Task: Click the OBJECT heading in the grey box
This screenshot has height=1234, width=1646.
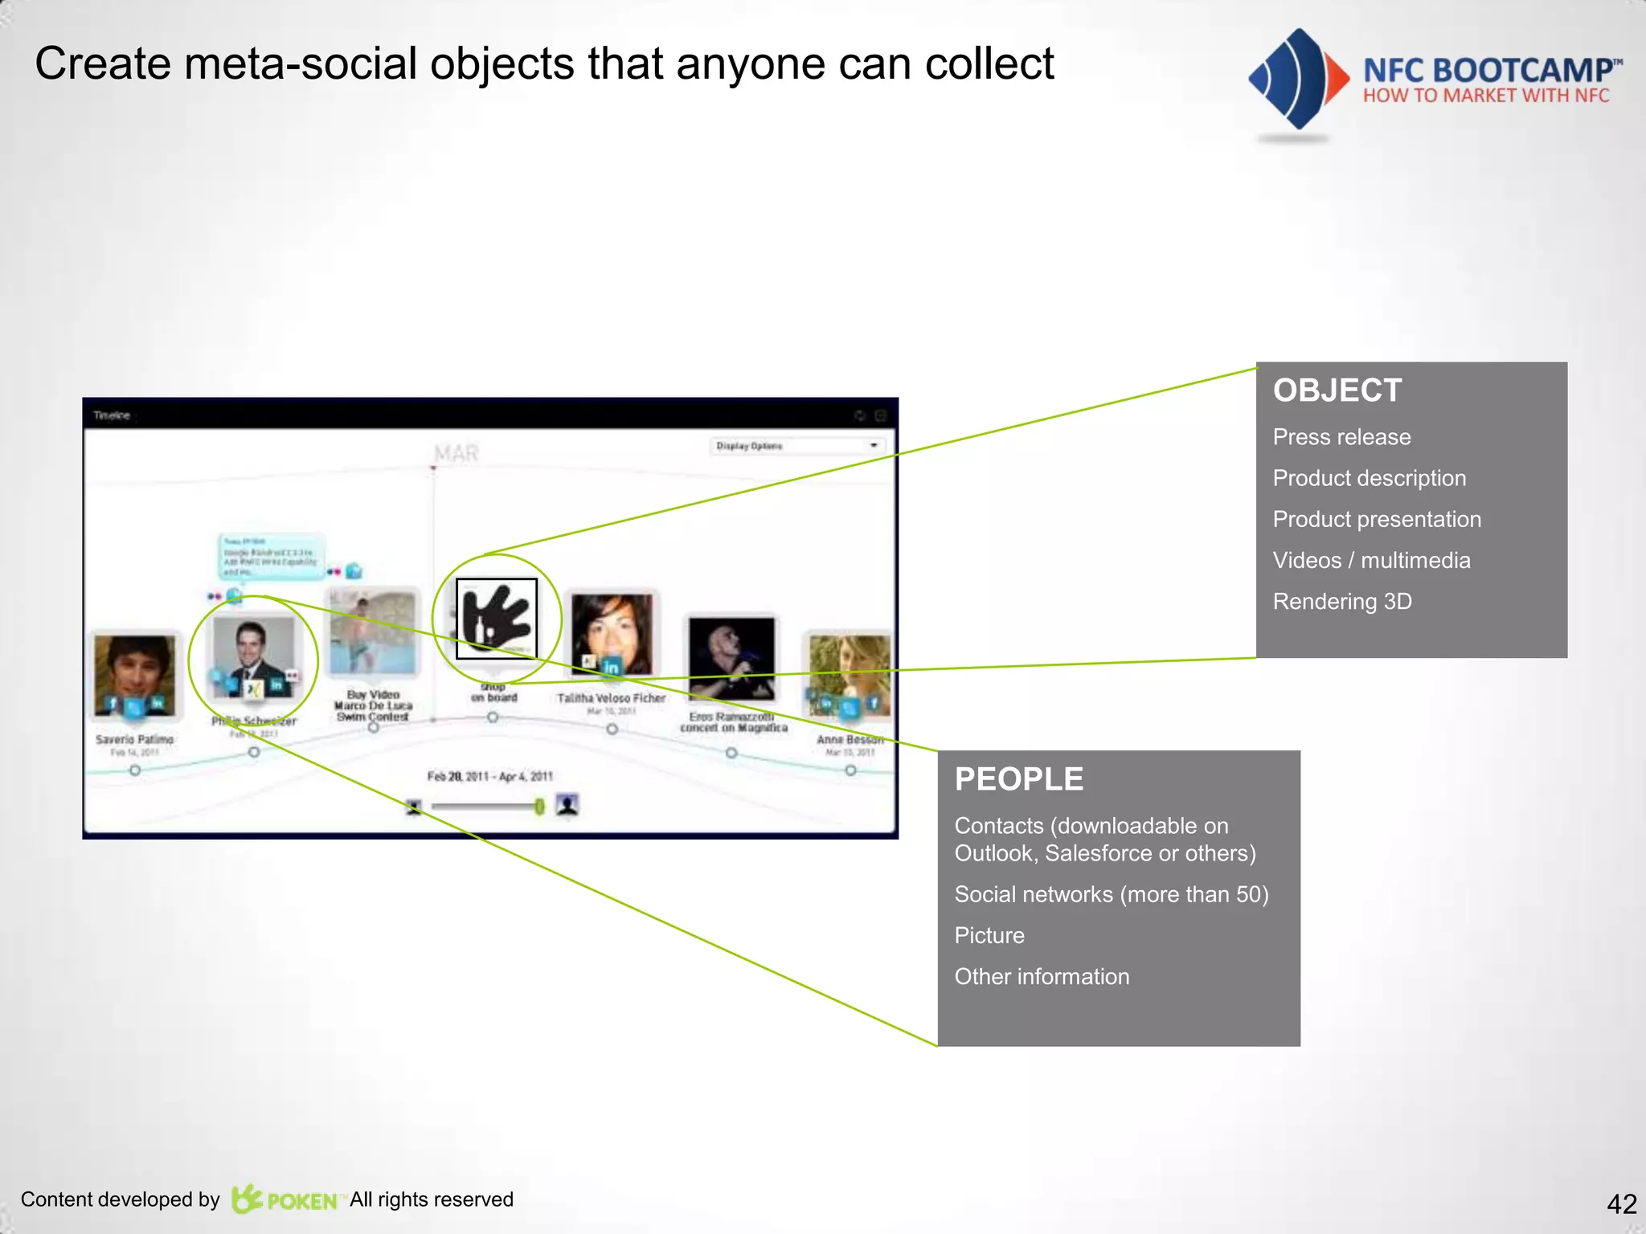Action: point(1337,390)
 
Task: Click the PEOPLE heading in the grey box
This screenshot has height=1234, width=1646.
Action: point(1018,779)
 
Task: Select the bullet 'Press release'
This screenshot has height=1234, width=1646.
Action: point(1341,437)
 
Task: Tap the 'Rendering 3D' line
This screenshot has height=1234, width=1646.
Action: point(1342,602)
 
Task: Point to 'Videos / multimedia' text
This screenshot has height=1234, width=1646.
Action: point(1371,561)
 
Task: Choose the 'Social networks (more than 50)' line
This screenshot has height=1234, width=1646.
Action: point(1111,894)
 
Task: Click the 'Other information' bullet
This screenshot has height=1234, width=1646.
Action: point(1042,977)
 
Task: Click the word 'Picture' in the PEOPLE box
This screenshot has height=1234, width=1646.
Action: point(989,936)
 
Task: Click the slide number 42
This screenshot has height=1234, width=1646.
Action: point(1621,1203)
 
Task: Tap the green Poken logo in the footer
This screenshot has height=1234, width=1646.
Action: point(285,1199)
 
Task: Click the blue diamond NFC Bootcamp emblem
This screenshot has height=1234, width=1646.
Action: point(1296,79)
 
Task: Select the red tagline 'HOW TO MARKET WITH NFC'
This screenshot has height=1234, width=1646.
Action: point(1485,96)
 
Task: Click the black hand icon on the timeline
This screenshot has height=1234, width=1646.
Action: point(496,618)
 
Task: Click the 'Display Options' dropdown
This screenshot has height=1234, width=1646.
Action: point(796,446)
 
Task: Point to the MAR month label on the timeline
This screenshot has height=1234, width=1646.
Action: point(456,454)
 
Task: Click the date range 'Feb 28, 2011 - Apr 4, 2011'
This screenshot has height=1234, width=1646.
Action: point(489,776)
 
